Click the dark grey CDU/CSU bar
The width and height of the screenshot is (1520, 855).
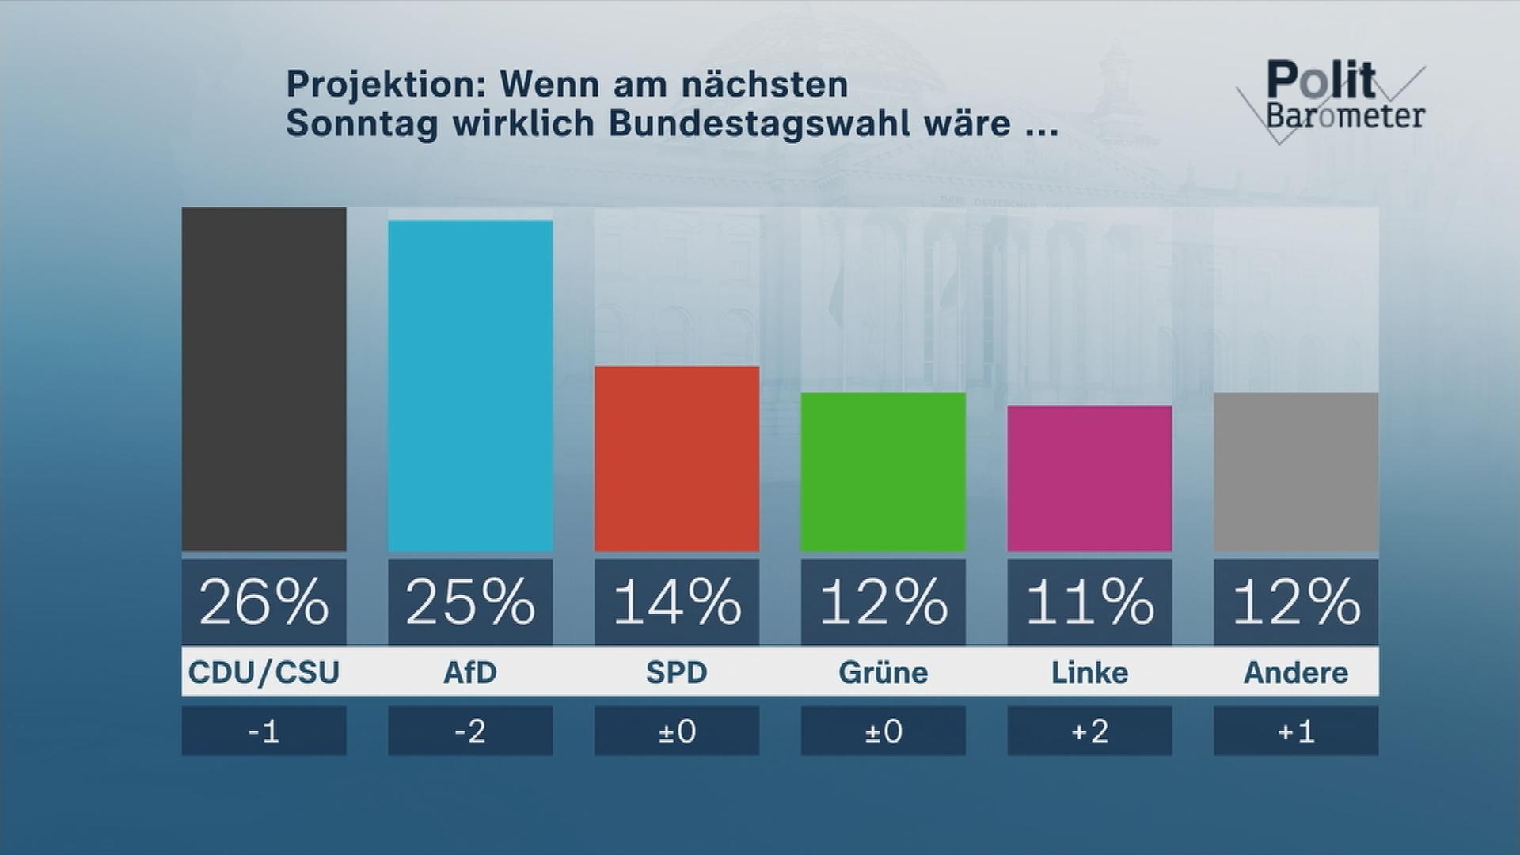tap(264, 379)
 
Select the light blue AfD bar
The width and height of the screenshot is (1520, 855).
tap(470, 386)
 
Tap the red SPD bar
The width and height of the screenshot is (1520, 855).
tap(677, 458)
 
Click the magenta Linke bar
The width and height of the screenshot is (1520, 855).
tap(1089, 478)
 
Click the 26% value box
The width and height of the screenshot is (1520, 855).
tap(264, 602)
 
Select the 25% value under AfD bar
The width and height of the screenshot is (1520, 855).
tap(470, 602)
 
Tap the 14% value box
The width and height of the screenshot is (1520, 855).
tap(677, 602)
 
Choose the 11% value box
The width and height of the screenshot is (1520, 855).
tap(1089, 602)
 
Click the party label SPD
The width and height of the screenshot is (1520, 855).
tap(677, 672)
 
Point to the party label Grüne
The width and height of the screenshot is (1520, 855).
tap(883, 672)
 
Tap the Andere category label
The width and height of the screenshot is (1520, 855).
tap(1296, 672)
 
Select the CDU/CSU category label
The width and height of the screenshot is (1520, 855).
tap(264, 672)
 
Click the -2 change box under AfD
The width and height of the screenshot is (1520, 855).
tap(470, 731)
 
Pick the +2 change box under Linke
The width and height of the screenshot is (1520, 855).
tap(1089, 731)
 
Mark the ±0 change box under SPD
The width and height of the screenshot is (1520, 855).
tap(677, 731)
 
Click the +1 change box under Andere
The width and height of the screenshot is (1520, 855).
tap(1296, 731)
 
